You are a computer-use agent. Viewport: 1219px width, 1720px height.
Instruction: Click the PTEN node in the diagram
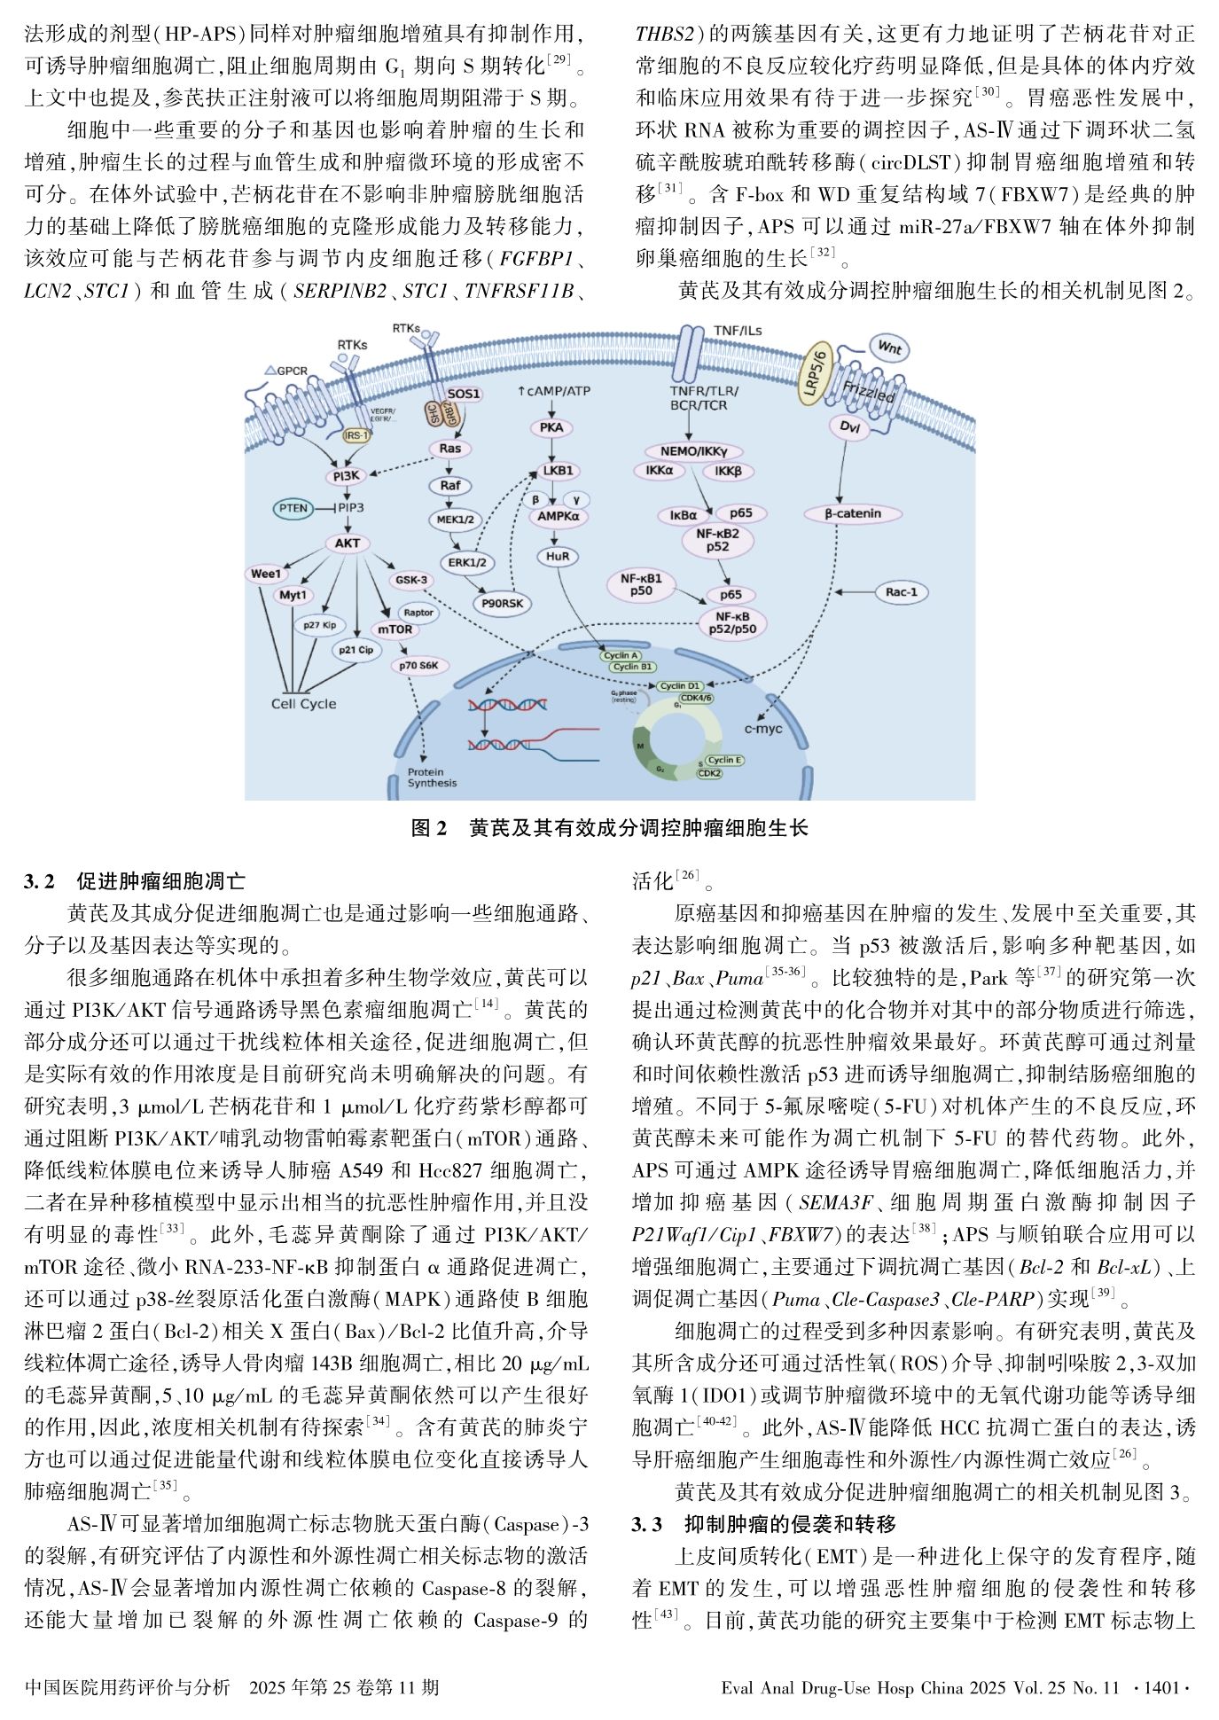tap(294, 508)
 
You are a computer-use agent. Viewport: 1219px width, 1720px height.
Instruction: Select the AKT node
tap(347, 543)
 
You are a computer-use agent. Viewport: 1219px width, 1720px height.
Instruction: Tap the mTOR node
tap(395, 629)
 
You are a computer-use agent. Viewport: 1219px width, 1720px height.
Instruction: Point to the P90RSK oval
tap(502, 604)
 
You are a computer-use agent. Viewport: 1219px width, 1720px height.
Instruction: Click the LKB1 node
tap(558, 471)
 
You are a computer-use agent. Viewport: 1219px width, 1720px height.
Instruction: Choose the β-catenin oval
tap(853, 513)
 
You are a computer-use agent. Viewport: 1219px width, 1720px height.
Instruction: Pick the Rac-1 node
tap(902, 591)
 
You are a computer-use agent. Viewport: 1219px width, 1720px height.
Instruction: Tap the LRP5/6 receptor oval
tap(816, 373)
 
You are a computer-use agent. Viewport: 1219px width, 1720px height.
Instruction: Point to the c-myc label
tap(762, 729)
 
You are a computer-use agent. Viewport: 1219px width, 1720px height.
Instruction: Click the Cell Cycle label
tap(303, 704)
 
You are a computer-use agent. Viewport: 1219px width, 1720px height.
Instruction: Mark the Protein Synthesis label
tap(432, 778)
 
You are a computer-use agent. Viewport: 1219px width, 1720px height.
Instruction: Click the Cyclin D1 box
tap(679, 685)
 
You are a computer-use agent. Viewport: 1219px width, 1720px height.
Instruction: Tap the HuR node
tap(558, 557)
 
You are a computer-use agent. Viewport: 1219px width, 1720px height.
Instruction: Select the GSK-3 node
tap(411, 580)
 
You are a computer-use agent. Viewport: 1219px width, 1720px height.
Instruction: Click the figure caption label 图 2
tap(430, 828)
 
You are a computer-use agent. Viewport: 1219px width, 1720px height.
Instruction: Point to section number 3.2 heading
tap(40, 881)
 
